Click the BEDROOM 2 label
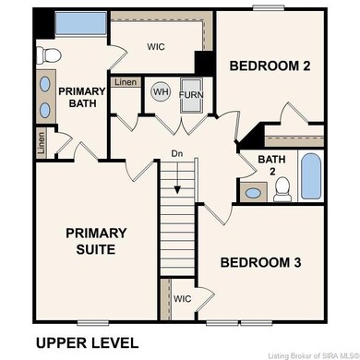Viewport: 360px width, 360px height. pyautogui.click(x=270, y=66)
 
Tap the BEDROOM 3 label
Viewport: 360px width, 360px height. pyautogui.click(x=261, y=262)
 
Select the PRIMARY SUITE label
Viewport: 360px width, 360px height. pyautogui.click(x=96, y=241)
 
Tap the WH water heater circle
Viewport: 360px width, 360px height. pyautogui.click(x=161, y=92)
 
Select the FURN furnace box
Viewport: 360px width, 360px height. pyautogui.click(x=191, y=94)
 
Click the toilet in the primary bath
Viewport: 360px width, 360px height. pyautogui.click(x=51, y=54)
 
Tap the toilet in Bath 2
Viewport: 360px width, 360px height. pyautogui.click(x=284, y=189)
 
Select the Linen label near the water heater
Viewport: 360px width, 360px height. pyautogui.click(x=126, y=83)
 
